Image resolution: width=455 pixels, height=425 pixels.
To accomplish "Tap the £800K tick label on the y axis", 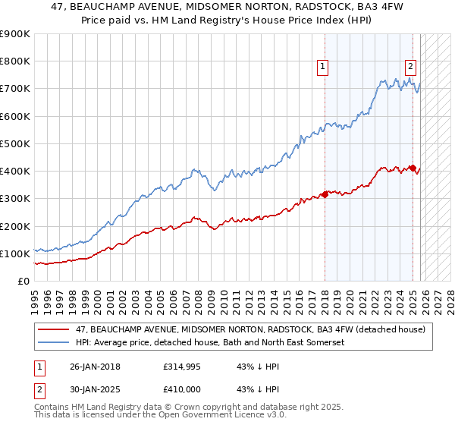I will (15, 61).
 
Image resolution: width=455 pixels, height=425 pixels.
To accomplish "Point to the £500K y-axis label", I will (15, 143).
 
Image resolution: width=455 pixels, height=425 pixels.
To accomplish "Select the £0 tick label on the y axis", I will (24, 281).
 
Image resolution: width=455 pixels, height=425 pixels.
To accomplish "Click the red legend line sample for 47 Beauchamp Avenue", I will (53, 329).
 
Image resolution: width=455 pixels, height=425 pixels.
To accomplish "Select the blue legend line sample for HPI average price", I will (53, 342).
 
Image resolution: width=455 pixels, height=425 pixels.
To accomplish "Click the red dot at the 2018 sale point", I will (325, 194).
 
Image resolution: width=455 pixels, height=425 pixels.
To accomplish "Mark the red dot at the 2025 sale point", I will (413, 168).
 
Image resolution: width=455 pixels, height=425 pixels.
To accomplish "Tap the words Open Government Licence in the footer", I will (184, 416).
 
